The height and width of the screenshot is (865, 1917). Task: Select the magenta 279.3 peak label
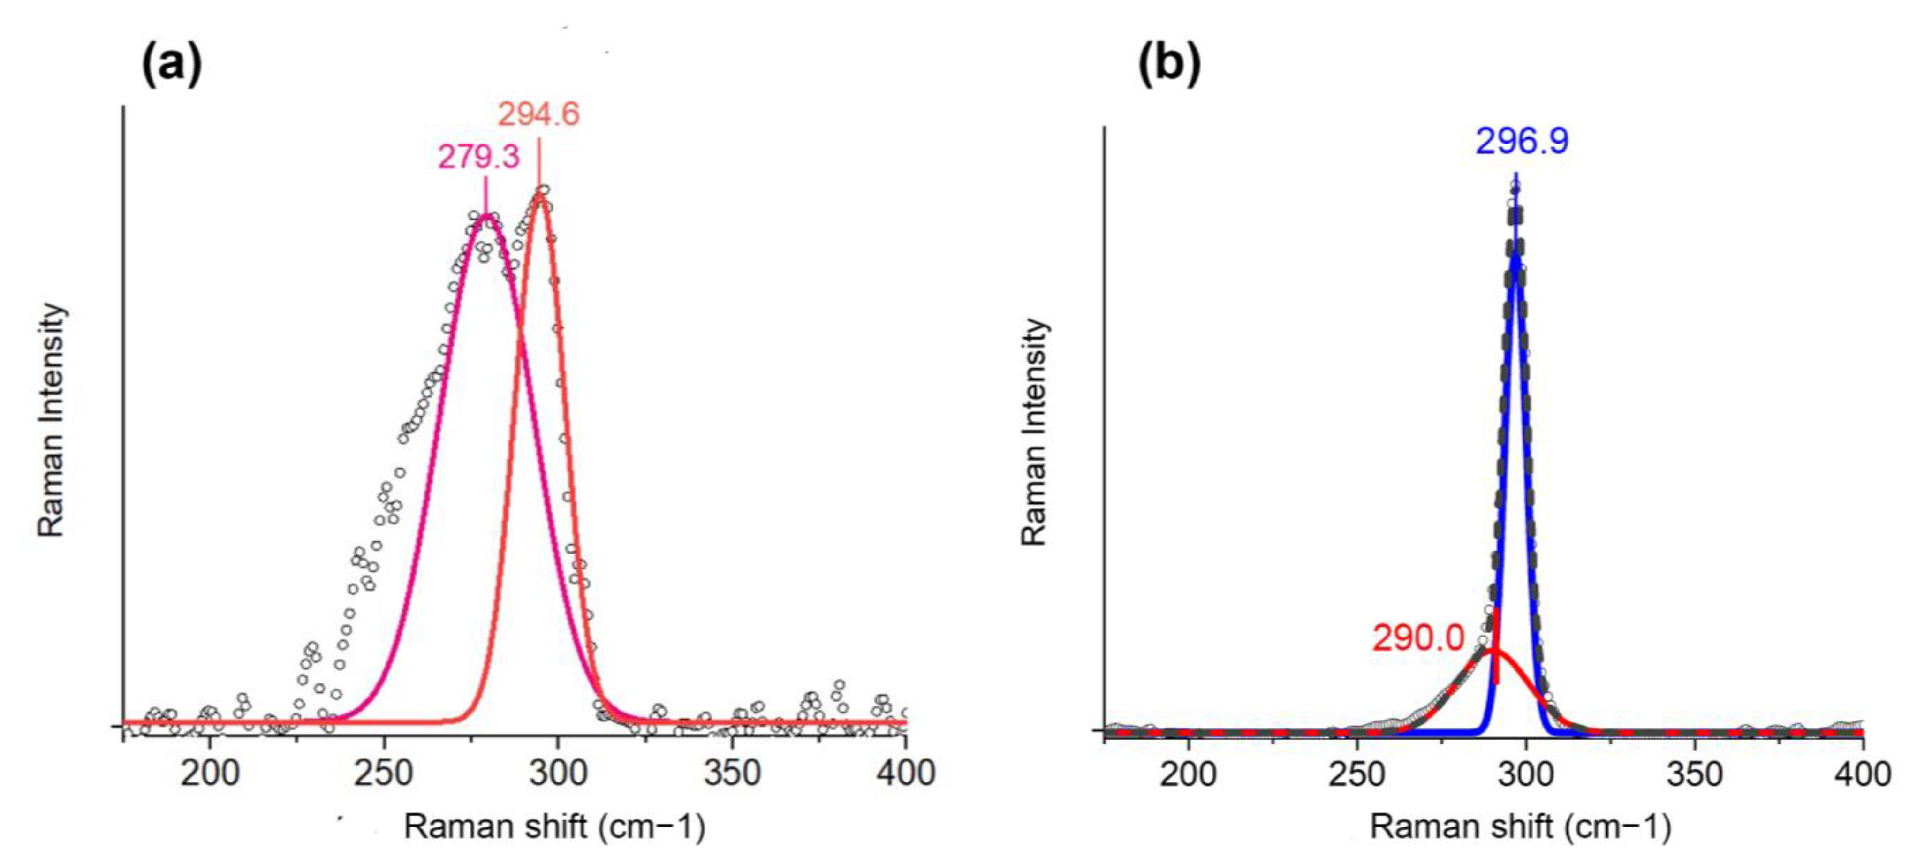[478, 157]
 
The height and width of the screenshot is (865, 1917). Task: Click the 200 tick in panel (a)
[210, 773]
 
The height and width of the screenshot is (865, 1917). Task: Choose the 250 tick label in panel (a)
[383, 773]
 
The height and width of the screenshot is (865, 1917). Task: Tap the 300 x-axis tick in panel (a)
[557, 773]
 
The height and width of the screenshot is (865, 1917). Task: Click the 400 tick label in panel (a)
[905, 773]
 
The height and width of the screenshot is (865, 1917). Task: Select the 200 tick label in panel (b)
[1189, 774]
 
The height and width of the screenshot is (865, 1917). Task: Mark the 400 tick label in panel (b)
[1862, 774]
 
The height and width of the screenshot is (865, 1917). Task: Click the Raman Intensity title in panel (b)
[1034, 432]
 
